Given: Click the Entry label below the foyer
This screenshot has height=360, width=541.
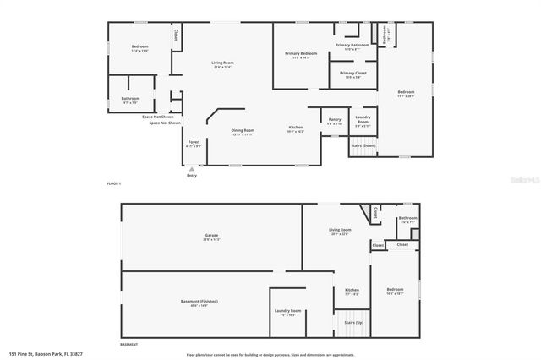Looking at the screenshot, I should click(x=192, y=175).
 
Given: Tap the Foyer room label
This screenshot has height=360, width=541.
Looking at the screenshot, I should click(x=194, y=142).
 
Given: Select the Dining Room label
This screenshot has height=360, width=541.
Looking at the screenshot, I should click(x=243, y=130).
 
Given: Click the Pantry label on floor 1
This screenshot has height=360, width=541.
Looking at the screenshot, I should click(x=335, y=120).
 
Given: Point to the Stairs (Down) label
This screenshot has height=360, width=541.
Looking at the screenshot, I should click(x=363, y=145).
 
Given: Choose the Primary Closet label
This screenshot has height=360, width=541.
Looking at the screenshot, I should click(x=353, y=74).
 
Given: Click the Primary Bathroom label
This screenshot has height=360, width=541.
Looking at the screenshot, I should click(x=352, y=45).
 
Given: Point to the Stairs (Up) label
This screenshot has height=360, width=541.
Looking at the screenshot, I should click(x=353, y=322).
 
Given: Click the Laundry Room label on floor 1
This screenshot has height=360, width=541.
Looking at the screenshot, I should click(x=363, y=120).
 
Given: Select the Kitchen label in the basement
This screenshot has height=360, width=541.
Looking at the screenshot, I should click(x=352, y=291).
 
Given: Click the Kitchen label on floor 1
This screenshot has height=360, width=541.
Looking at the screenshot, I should click(x=295, y=128).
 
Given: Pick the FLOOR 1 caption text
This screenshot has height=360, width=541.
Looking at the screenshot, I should click(x=114, y=183).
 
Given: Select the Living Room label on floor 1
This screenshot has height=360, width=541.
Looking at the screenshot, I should click(x=222, y=63).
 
